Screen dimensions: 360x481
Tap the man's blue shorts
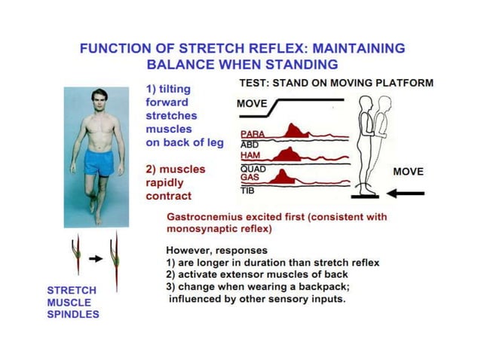pos(98,160)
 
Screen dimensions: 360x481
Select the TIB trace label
pos(247,191)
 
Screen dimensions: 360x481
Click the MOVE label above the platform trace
pos(251,103)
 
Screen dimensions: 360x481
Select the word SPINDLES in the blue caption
pos(73,314)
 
